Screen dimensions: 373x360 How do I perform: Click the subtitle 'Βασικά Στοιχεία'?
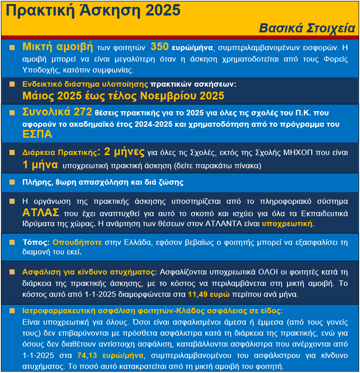coord(307,28)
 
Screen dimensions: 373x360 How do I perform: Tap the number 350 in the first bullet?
coord(160,47)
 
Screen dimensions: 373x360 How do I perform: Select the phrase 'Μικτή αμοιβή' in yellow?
coord(57,47)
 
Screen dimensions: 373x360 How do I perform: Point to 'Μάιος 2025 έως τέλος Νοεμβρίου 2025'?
coord(123,96)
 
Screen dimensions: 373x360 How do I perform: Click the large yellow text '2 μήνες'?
coord(125,152)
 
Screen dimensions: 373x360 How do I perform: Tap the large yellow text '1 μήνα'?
coord(40,165)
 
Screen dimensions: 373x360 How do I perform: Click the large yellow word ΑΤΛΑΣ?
coord(41,212)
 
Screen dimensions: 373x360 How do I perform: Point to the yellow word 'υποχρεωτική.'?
coord(288,224)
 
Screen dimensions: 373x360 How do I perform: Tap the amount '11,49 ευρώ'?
coord(208,294)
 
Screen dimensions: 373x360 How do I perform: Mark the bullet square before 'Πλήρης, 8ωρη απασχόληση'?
coord(12,182)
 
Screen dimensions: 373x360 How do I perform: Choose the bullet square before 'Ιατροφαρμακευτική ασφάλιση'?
coord(12,311)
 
